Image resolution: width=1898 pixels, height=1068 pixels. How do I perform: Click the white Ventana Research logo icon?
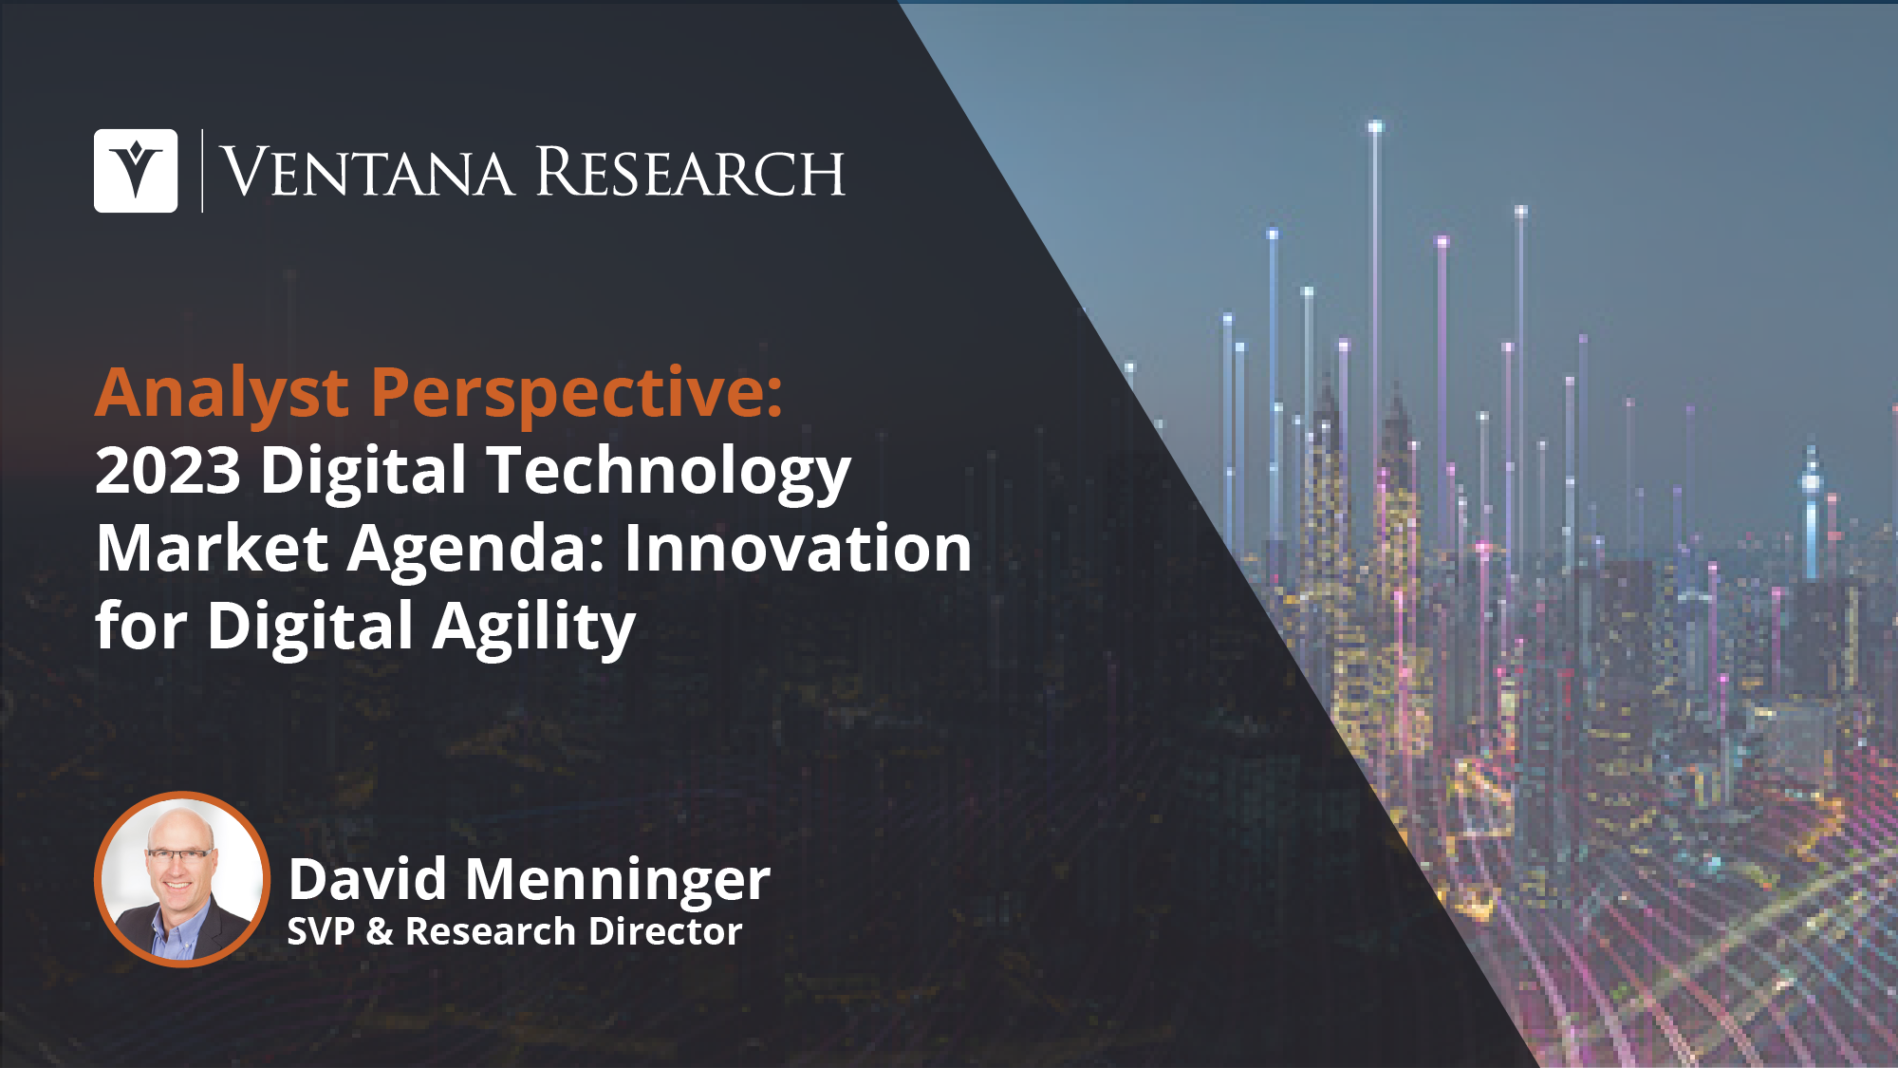point(136,171)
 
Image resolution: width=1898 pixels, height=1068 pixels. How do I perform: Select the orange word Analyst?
point(222,393)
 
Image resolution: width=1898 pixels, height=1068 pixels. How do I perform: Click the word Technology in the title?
point(669,472)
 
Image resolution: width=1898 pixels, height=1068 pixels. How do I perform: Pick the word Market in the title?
point(213,549)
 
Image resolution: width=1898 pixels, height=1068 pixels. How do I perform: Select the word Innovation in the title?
point(798,549)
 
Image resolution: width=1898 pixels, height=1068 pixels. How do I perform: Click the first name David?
point(367,879)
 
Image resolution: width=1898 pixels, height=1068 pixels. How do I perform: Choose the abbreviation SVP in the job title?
point(321,931)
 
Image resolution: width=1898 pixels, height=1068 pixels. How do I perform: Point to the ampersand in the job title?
point(380,932)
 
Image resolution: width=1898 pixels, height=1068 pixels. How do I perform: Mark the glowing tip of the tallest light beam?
point(1375,126)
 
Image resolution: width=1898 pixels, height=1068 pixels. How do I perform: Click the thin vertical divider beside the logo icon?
point(202,171)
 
